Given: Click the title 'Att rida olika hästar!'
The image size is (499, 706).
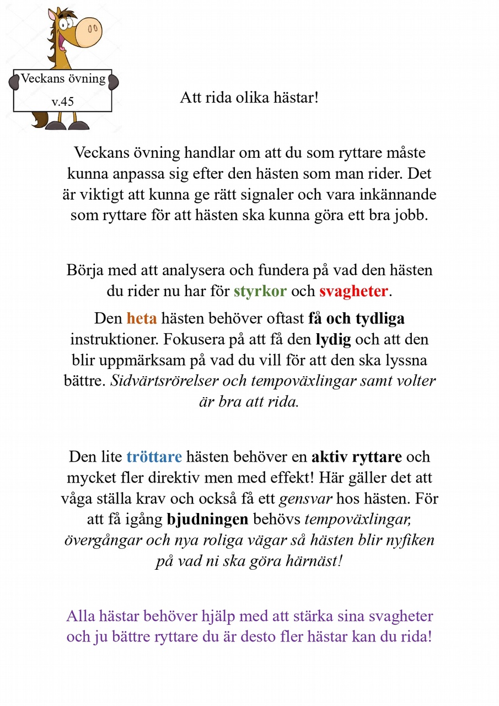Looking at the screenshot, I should tap(249, 99).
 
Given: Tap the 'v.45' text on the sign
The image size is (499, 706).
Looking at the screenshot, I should tap(63, 101).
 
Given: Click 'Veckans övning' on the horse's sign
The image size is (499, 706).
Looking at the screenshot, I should tap(63, 78).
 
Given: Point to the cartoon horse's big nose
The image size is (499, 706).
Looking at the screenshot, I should tap(88, 32).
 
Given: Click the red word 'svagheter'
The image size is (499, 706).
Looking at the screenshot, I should tap(353, 291).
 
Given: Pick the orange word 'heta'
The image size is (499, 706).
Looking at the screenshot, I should tap(142, 318).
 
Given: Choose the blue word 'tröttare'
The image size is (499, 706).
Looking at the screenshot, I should tap(154, 457).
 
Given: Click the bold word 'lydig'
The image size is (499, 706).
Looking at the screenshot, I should tap(333, 339).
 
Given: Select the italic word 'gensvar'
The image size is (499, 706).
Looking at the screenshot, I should tap(305, 499).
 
